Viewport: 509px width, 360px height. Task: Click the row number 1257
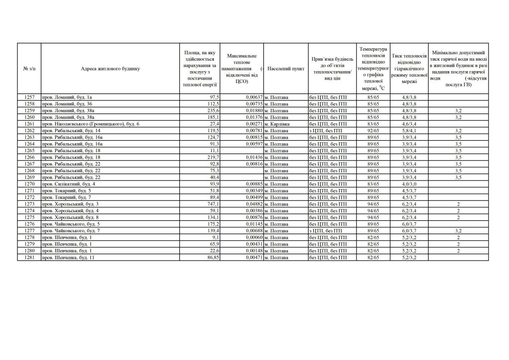pos(29,96)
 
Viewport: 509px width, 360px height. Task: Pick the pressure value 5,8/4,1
pos(408,130)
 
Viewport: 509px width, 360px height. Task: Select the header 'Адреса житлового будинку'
pos(110,69)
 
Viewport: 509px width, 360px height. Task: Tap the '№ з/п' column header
pos(29,69)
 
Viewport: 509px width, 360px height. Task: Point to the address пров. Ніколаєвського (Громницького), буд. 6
pos(91,123)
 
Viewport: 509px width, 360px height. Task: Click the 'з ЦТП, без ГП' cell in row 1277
pos(328,231)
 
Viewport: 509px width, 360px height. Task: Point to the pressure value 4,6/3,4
pos(408,123)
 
